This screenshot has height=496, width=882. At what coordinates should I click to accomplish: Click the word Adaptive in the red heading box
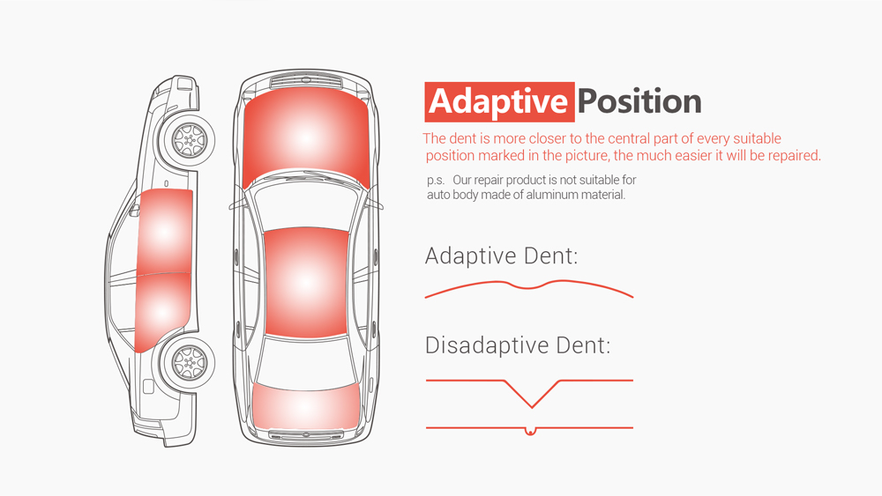(498, 102)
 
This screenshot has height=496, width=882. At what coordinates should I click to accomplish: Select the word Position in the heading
(639, 101)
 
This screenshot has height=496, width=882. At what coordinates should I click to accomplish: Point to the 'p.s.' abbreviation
(436, 181)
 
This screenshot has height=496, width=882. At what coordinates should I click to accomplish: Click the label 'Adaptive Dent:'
(501, 256)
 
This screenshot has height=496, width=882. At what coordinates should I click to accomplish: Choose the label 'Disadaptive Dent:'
(518, 344)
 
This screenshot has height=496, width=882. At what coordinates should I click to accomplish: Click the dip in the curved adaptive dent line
(527, 287)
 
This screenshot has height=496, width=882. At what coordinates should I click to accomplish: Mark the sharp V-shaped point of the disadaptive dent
(532, 407)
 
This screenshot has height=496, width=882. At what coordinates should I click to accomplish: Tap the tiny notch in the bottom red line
(529, 432)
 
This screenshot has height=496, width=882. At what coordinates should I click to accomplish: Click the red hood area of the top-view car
(306, 137)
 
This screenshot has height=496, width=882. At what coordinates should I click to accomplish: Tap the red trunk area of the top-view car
(305, 405)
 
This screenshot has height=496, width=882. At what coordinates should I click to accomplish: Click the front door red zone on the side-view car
(164, 232)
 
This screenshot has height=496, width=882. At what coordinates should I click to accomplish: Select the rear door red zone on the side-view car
(162, 312)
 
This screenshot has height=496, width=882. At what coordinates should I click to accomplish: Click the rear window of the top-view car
(306, 360)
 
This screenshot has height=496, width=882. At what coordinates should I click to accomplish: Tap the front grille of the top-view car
(305, 83)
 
